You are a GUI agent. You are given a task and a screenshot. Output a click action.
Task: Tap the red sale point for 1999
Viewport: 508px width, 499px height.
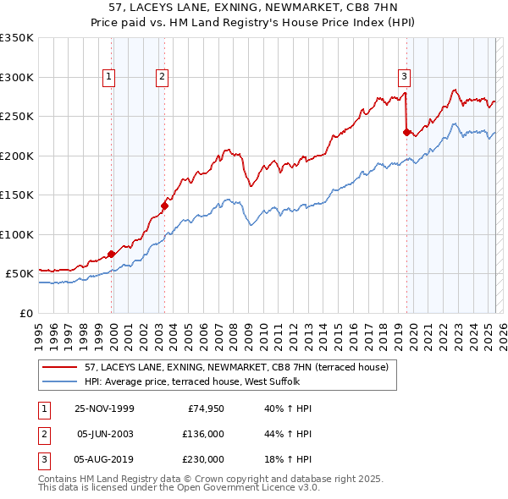(x=112, y=254)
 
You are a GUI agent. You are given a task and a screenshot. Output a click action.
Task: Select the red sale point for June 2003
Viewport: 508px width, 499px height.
(x=164, y=206)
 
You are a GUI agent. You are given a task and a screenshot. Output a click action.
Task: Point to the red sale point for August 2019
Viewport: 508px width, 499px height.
(x=406, y=132)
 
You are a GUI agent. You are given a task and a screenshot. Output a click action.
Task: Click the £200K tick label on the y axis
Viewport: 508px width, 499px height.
(x=16, y=156)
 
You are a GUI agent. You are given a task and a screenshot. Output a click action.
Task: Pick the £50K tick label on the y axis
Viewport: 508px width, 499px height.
(x=19, y=274)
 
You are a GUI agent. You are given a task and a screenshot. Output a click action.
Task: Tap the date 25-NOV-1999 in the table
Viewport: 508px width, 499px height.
(x=104, y=409)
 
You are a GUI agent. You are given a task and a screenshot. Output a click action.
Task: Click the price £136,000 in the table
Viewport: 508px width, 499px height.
(x=202, y=434)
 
